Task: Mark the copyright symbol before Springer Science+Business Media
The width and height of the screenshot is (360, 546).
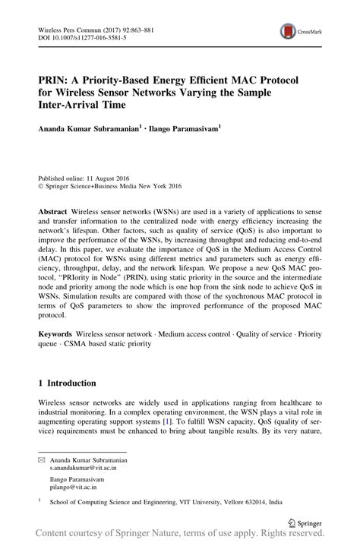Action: point(40,184)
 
